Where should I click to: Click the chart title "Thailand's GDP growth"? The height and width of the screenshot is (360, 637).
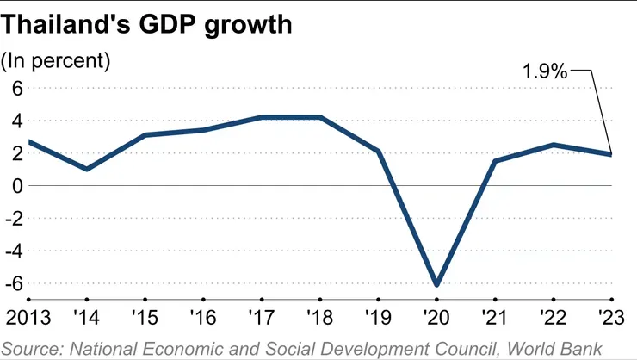pyautogui.click(x=147, y=25)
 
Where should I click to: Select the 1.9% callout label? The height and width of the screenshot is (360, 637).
pyautogui.click(x=545, y=72)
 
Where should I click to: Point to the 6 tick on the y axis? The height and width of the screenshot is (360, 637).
pyautogui.click(x=15, y=87)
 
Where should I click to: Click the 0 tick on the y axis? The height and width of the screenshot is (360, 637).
pyautogui.click(x=15, y=185)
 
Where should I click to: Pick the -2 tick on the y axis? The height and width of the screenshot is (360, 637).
pyautogui.click(x=13, y=219)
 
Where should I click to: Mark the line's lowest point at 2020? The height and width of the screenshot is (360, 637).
pyautogui.click(x=437, y=284)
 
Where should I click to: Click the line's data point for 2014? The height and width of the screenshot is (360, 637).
pyautogui.click(x=87, y=169)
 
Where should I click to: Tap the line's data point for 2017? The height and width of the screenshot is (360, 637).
pyautogui.click(x=262, y=117)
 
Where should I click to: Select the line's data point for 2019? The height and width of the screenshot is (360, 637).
pyautogui.click(x=379, y=152)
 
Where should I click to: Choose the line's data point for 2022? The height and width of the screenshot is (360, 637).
pyautogui.click(x=554, y=145)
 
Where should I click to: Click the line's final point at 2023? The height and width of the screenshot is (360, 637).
pyautogui.click(x=611, y=154)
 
